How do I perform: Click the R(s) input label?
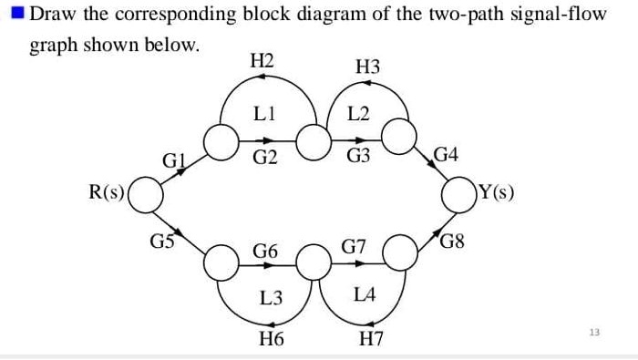click(107, 192)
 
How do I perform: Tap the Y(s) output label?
click(496, 192)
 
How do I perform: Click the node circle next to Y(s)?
click(457, 193)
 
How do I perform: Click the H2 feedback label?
click(262, 62)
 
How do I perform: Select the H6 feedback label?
click(272, 340)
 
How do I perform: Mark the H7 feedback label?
click(371, 340)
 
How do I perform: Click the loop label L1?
click(265, 113)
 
